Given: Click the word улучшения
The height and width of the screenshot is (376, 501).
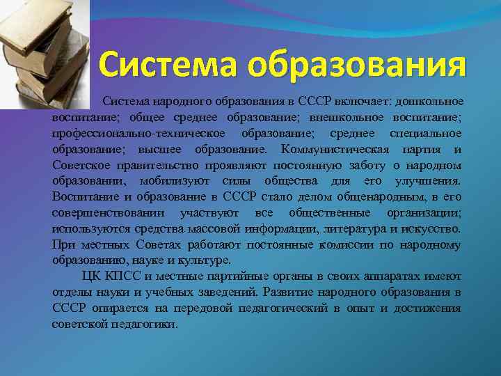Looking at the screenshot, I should pos(429,181).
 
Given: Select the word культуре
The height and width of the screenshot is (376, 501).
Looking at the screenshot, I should pos(205,260).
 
